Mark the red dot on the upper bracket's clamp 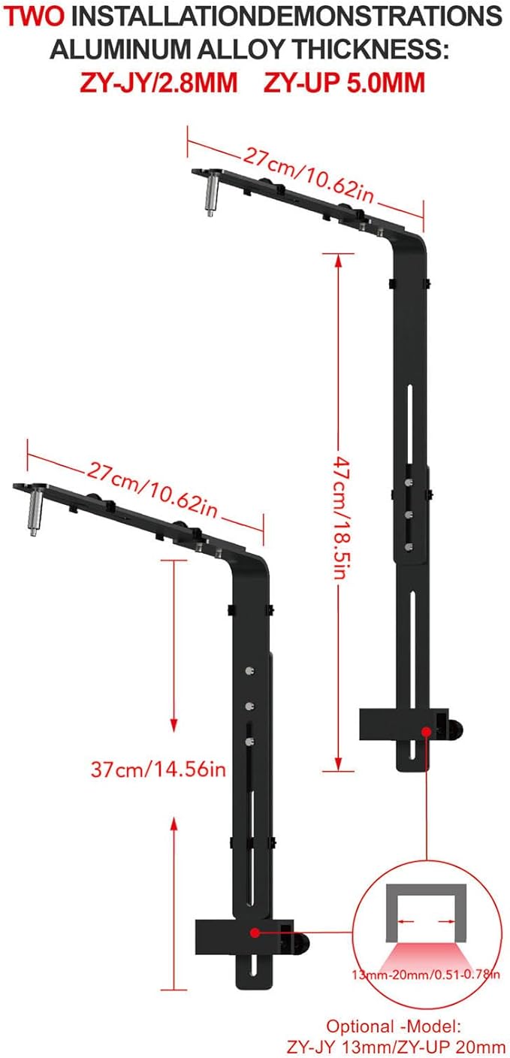click(x=426, y=730)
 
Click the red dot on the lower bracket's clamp click(x=255, y=933)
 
